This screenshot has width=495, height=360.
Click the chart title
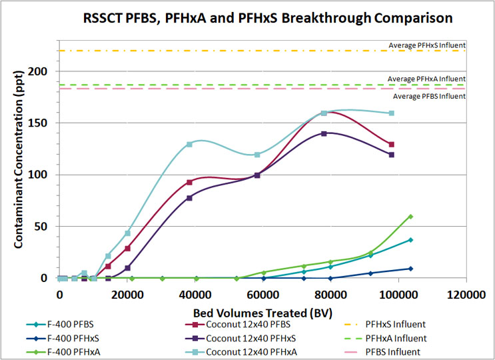(x=266, y=16)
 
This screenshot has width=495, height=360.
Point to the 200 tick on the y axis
(x=47, y=71)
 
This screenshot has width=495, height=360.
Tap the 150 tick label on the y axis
(x=47, y=123)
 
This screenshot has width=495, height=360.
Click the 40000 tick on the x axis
(x=195, y=291)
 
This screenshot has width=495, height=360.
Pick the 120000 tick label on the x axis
(x=465, y=291)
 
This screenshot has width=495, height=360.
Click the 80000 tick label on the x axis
(x=330, y=291)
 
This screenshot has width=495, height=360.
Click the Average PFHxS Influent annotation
(x=426, y=45)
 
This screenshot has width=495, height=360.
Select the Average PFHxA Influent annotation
(x=426, y=79)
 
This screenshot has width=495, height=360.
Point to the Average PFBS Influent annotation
(x=429, y=96)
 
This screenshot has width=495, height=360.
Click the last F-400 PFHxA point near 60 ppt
(x=410, y=217)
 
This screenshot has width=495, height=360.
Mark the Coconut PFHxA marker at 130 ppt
(x=189, y=144)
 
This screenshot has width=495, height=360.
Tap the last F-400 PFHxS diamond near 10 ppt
(x=410, y=269)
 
